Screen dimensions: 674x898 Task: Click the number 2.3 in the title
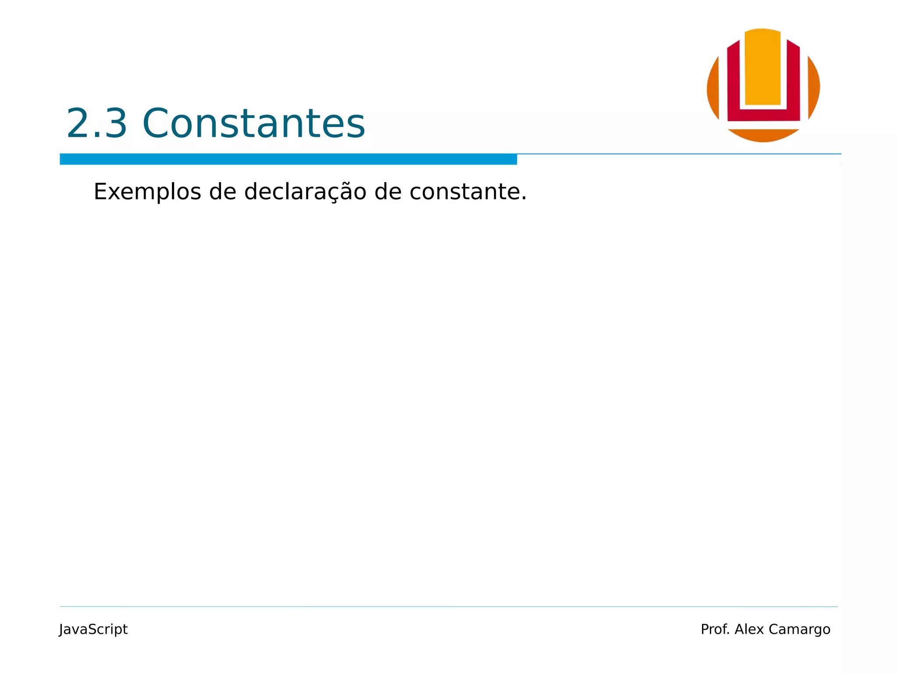tap(96, 123)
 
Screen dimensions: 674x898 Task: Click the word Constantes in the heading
tap(253, 123)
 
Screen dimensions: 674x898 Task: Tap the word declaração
tap(305, 192)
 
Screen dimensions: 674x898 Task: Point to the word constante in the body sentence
tap(467, 192)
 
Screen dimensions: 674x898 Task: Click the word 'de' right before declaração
tap(222, 192)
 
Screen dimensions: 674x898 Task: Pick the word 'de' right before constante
tap(388, 192)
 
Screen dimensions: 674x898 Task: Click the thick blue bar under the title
tap(288, 159)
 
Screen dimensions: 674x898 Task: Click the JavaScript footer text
tap(93, 629)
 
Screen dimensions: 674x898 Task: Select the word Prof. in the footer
tap(715, 629)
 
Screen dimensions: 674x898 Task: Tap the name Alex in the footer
tap(749, 629)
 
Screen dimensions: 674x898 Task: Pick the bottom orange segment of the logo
tap(763, 136)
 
